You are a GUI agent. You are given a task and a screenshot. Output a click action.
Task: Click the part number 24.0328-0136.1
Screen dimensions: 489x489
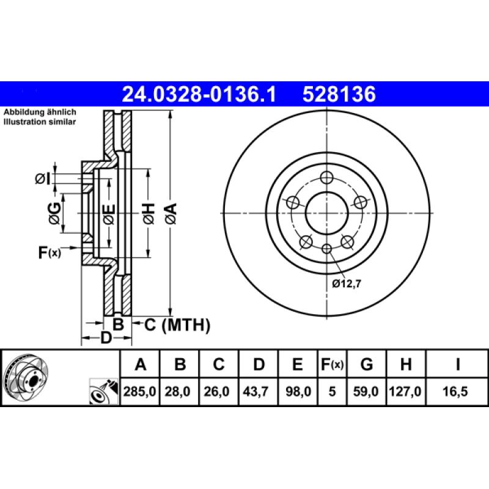pyautogui.click(x=199, y=95)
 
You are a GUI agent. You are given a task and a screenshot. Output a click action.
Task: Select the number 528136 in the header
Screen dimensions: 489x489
pyautogui.click(x=337, y=95)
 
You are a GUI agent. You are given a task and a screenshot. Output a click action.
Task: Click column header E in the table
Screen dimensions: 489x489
pyautogui.click(x=298, y=365)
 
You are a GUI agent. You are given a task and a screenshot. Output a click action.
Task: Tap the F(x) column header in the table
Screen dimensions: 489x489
pyautogui.click(x=332, y=365)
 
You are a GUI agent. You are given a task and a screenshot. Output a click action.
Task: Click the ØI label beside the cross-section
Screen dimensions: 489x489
pyautogui.click(x=43, y=178)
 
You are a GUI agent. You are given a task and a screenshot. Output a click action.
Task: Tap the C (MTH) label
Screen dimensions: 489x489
pyautogui.click(x=177, y=325)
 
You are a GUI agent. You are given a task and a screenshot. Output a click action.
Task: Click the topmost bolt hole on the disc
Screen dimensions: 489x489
pyautogui.click(x=327, y=178)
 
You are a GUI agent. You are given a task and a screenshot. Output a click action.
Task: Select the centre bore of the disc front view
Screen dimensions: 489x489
pyautogui.click(x=327, y=213)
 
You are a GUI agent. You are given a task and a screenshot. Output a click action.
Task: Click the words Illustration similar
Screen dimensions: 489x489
pyautogui.click(x=40, y=122)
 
